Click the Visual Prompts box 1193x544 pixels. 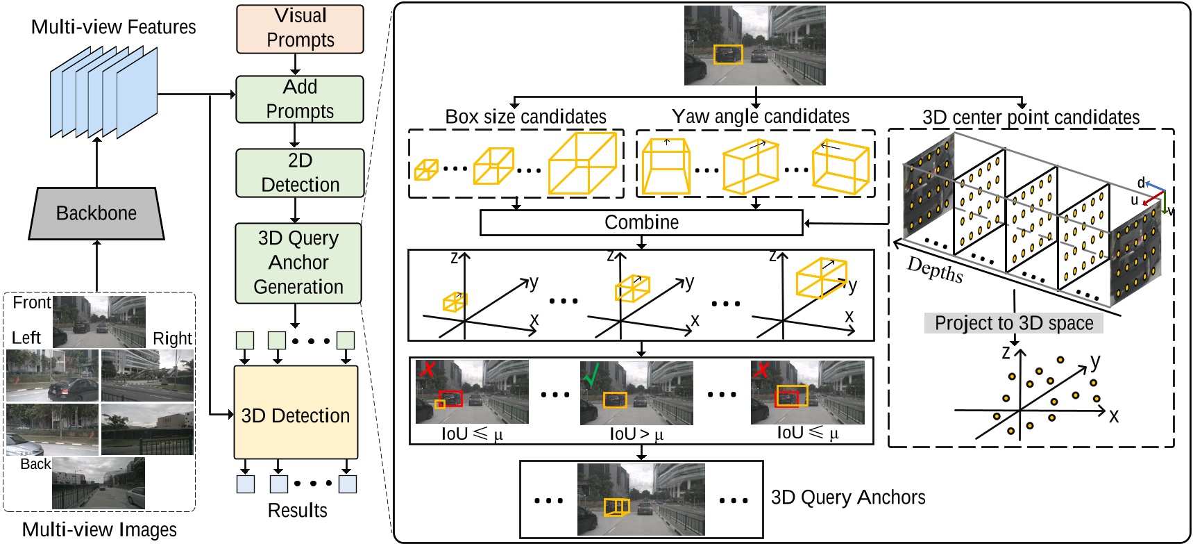click(300, 28)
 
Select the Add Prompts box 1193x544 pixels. click(300, 99)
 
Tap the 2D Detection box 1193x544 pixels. click(300, 173)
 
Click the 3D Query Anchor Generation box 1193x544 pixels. click(298, 263)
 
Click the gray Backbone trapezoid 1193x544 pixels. click(96, 213)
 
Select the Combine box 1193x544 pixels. click(641, 222)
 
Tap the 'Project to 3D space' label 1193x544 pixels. click(1013, 323)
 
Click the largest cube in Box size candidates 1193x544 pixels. click(582, 163)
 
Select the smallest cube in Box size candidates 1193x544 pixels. click(426, 170)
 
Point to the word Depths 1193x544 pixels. click(935, 270)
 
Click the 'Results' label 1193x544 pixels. click(297, 510)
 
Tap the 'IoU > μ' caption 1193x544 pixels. click(636, 434)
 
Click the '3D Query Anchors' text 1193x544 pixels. click(848, 497)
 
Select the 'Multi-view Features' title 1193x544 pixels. click(114, 27)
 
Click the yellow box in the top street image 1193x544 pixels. click(728, 55)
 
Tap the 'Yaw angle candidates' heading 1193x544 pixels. click(760, 116)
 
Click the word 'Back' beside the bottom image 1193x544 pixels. click(35, 464)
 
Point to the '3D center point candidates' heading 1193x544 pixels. click(1031, 117)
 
